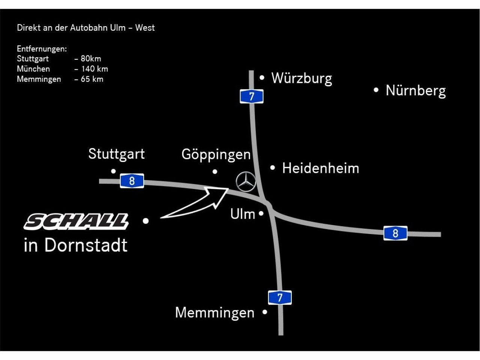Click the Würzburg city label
pyautogui.click(x=301, y=79)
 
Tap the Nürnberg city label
pyautogui.click(x=416, y=91)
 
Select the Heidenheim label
pyautogui.click(x=321, y=168)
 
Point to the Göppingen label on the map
pyautogui.click(x=216, y=155)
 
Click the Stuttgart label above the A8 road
pyautogui.click(x=116, y=154)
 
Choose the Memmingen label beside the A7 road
pyautogui.click(x=215, y=312)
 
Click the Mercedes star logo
pyautogui.click(x=246, y=181)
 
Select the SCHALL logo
pyautogui.click(x=76, y=221)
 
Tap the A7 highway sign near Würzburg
pyautogui.click(x=252, y=96)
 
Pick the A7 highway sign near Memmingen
pyautogui.click(x=280, y=297)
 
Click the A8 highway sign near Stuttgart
pyautogui.click(x=132, y=181)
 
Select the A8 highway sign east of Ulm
pyautogui.click(x=395, y=233)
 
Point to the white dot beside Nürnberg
pyautogui.click(x=376, y=90)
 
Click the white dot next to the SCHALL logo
pyautogui.click(x=145, y=221)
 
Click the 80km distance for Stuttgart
pyautogui.click(x=91, y=58)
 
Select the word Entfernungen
pyautogui.click(x=42, y=49)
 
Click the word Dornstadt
pyautogui.click(x=86, y=245)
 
